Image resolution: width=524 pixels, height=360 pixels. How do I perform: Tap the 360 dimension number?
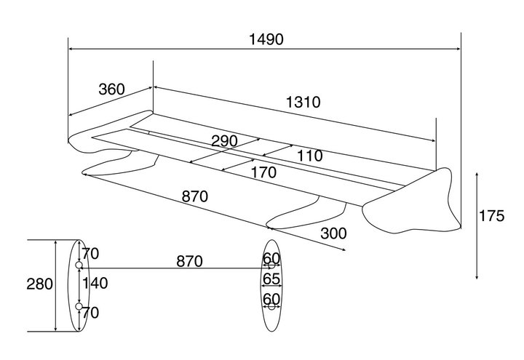111,89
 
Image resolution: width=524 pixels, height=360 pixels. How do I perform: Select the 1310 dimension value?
302,102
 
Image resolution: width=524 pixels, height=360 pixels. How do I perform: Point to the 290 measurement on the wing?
224,141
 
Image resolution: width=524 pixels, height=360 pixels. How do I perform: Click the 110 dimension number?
309,155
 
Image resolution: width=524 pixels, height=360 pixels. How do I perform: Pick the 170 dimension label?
263,172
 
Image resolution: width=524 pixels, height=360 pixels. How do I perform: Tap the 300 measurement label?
333,233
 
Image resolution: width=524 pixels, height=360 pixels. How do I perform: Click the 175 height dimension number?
492,216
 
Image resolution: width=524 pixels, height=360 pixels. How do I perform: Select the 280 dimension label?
39,284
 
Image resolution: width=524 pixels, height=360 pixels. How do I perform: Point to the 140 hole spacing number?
95,283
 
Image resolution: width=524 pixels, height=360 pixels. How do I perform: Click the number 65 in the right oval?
271,279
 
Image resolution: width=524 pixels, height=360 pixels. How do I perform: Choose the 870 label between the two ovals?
189,261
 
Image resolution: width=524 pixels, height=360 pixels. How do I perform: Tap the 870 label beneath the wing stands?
194,196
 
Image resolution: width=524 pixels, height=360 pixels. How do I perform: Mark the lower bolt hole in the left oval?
79,307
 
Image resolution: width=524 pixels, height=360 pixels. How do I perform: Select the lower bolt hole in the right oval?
271,306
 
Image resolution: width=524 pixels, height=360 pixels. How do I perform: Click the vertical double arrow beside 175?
476,225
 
